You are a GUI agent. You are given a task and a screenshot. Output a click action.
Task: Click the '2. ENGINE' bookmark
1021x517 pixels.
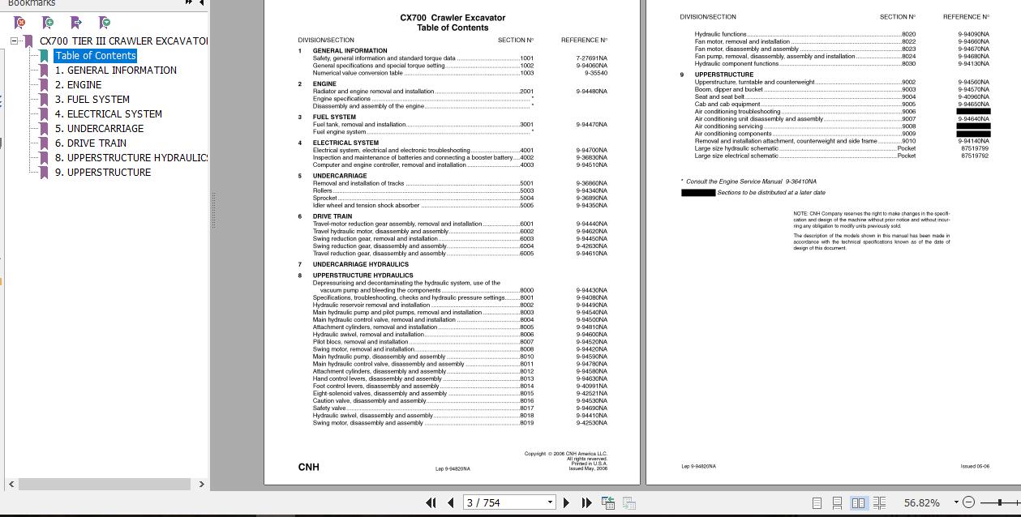(x=78, y=85)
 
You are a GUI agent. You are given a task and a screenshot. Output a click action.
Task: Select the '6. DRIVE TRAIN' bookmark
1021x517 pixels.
(x=90, y=143)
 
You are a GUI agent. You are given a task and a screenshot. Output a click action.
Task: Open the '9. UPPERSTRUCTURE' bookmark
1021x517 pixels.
(x=102, y=173)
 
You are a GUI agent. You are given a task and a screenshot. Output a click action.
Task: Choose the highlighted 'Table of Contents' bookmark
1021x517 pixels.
(x=95, y=56)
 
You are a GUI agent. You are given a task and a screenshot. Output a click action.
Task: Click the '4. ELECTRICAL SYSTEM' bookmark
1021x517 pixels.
(x=108, y=114)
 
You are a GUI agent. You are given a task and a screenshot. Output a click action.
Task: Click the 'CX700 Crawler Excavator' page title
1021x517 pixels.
(x=453, y=18)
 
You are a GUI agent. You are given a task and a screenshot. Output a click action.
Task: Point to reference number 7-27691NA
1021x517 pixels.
(x=591, y=58)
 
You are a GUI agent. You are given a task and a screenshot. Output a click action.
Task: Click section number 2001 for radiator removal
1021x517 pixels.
(x=526, y=92)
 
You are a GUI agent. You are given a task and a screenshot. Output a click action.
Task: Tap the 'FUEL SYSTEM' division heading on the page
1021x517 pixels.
(x=334, y=117)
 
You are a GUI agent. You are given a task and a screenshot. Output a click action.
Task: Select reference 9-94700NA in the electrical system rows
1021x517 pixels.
(x=591, y=151)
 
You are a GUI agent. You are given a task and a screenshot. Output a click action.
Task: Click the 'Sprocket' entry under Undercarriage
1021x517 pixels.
(x=325, y=199)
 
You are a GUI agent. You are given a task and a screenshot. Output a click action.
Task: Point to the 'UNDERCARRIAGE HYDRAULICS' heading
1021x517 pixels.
(x=361, y=265)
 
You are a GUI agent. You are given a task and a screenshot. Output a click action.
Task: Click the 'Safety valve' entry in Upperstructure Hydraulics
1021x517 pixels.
(x=329, y=408)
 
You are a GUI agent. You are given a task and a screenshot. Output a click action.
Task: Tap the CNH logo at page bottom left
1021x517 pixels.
(x=308, y=467)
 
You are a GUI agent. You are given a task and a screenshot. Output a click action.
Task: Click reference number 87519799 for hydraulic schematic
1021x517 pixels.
(x=974, y=149)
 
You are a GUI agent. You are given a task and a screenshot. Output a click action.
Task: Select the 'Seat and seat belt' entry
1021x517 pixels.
(x=719, y=97)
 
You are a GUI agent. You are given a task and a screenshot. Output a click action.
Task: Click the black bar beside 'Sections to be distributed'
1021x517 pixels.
(x=697, y=193)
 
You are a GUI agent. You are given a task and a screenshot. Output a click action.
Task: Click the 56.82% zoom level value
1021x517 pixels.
(x=921, y=503)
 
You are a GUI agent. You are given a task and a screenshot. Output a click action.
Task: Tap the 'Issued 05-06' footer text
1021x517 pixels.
(x=974, y=467)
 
